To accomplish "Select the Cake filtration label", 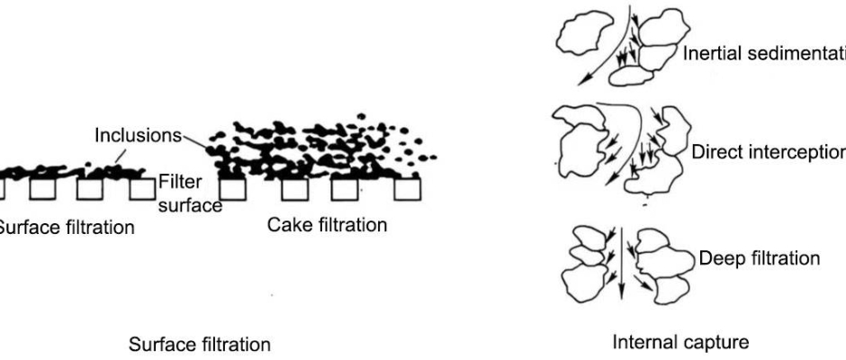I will [x=328, y=225].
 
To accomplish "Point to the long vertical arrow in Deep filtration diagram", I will [x=622, y=265].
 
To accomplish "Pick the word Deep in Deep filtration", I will [x=715, y=258].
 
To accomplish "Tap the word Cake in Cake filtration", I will [x=284, y=225].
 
